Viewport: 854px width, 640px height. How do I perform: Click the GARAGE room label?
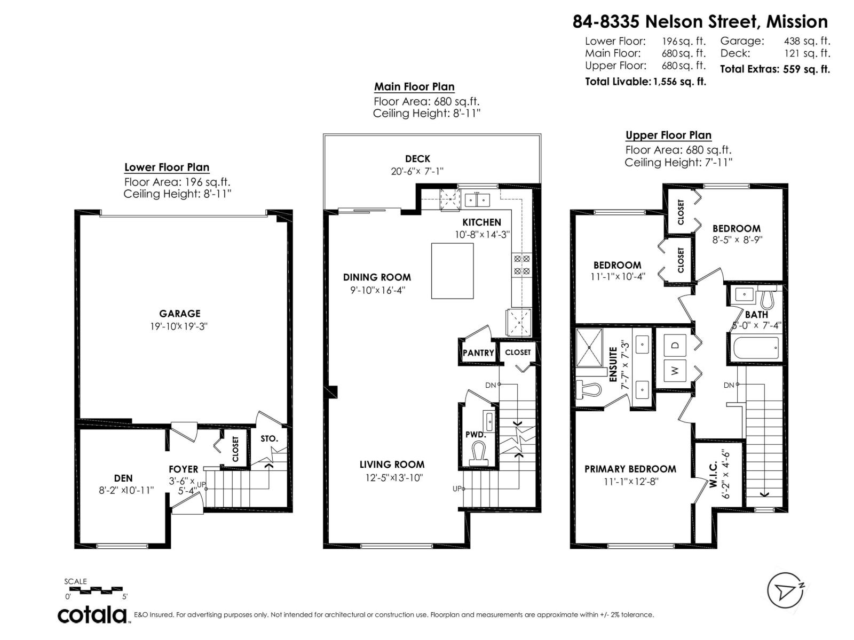point(179,314)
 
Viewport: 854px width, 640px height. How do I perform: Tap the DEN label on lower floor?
point(123,478)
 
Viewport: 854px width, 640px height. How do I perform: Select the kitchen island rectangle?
point(452,271)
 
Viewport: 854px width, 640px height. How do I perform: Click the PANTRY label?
point(478,353)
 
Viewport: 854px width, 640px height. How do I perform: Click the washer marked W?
point(675,370)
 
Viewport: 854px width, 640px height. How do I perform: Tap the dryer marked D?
point(675,345)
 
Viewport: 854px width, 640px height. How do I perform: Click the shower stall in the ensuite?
point(589,347)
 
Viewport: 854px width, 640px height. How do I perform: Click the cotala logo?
point(92,614)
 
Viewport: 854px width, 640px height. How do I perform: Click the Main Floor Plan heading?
point(414,87)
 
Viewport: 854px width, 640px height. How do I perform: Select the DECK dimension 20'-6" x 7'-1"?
point(417,171)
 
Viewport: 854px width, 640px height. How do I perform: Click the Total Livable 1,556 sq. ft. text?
point(645,82)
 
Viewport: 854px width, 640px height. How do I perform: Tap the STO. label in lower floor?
point(269,438)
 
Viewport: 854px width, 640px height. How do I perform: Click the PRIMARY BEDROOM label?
point(630,469)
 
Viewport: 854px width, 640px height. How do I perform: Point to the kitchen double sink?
point(477,200)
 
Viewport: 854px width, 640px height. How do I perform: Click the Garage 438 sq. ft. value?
point(806,41)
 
